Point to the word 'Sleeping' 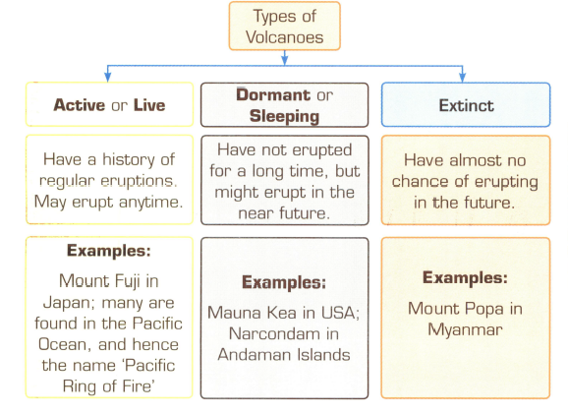click(x=284, y=116)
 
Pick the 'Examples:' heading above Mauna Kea click(x=283, y=282)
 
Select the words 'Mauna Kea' click(x=249, y=312)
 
